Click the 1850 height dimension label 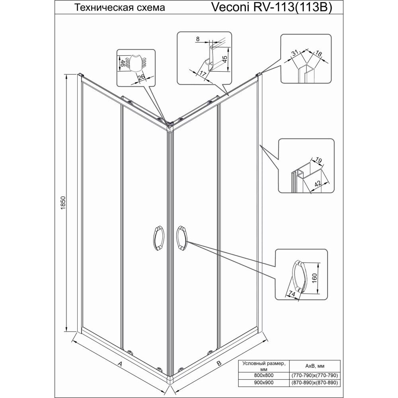click(x=63, y=202)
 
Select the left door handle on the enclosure click(x=159, y=236)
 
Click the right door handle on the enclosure click(x=181, y=236)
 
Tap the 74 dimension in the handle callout click(x=292, y=294)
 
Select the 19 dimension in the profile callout click(x=319, y=161)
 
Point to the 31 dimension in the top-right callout click(x=295, y=53)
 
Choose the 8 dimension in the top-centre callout click(x=198, y=39)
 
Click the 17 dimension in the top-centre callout click(x=202, y=74)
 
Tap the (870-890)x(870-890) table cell click(x=315, y=382)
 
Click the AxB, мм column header click(x=315, y=366)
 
